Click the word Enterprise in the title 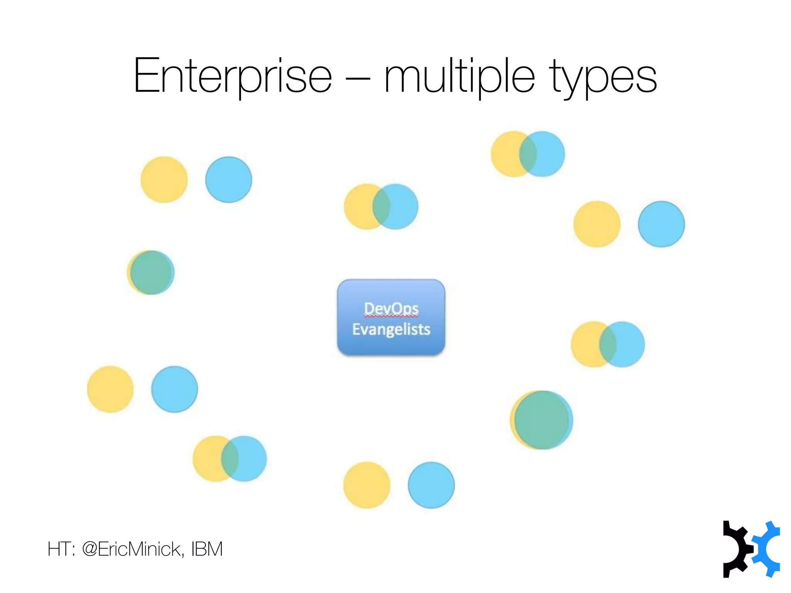[x=233, y=76]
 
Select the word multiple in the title [x=460, y=76]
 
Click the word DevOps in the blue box [x=391, y=308]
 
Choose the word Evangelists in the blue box [x=391, y=329]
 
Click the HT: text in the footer [x=61, y=549]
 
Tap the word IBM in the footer [x=207, y=549]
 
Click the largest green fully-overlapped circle [x=542, y=420]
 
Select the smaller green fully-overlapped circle [x=151, y=273]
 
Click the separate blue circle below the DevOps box [x=431, y=485]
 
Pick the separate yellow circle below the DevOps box [x=367, y=485]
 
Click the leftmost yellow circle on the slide [x=110, y=389]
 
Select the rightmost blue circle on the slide [x=661, y=224]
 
